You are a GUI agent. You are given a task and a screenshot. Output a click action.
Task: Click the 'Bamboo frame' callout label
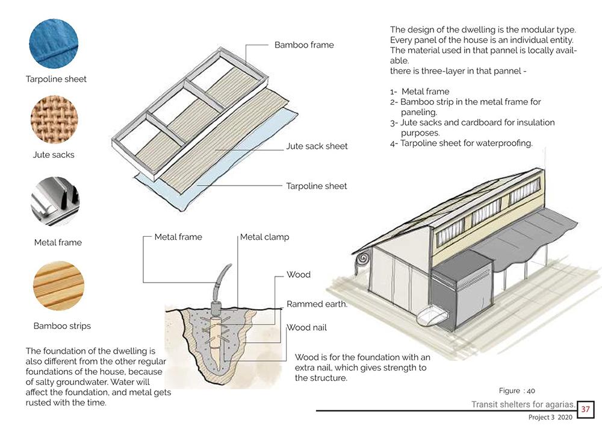(x=304, y=45)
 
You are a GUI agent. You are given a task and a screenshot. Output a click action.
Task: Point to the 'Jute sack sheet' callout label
(x=317, y=146)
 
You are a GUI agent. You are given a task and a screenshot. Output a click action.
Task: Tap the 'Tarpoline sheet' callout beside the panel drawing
(x=317, y=186)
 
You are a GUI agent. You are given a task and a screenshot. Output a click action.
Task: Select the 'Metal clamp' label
(x=264, y=237)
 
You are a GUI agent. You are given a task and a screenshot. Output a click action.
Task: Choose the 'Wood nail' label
(x=306, y=328)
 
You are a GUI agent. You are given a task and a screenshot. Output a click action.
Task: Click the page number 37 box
(x=586, y=410)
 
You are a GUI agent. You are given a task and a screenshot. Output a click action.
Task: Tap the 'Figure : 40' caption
(x=517, y=390)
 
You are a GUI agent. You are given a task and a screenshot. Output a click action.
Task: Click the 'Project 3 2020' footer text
(x=547, y=418)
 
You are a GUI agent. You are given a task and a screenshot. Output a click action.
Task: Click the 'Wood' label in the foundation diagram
(x=299, y=275)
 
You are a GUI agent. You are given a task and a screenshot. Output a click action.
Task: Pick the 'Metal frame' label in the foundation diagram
(x=178, y=237)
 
